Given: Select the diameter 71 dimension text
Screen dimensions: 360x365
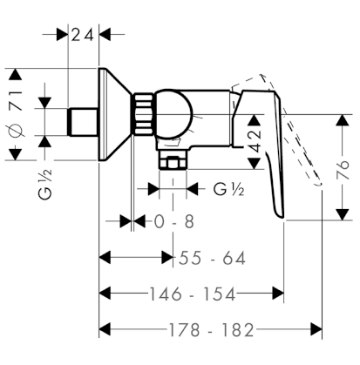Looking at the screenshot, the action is click(x=17, y=114).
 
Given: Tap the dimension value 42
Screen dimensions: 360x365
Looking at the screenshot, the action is click(x=255, y=141).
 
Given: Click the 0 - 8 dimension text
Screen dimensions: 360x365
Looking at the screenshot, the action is click(x=174, y=222).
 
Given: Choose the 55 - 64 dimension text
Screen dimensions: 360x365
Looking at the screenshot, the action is click(x=212, y=258).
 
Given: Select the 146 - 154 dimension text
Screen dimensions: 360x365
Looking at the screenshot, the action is click(x=192, y=294).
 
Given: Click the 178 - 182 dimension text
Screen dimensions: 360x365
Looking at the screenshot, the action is click(x=211, y=330).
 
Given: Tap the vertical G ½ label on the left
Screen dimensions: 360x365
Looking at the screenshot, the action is click(x=45, y=185).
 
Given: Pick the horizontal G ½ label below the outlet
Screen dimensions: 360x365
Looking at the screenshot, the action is click(x=229, y=190).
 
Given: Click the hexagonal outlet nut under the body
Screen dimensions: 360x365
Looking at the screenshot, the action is click(x=173, y=163).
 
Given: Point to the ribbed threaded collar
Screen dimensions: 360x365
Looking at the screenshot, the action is click(x=142, y=114).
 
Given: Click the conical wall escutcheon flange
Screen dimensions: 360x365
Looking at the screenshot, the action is click(x=114, y=114).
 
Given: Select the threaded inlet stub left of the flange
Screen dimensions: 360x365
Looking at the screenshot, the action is click(x=83, y=122).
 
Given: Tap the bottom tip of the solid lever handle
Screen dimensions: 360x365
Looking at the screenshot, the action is click(x=282, y=217).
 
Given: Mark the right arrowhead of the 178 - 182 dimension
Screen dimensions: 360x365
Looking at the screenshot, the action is click(x=316, y=329).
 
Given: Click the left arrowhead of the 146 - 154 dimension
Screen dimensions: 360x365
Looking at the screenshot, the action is click(x=105, y=294).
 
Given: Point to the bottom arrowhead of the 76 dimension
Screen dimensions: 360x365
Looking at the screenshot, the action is click(x=343, y=214).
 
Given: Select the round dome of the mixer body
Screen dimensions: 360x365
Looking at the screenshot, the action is click(x=173, y=114).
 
